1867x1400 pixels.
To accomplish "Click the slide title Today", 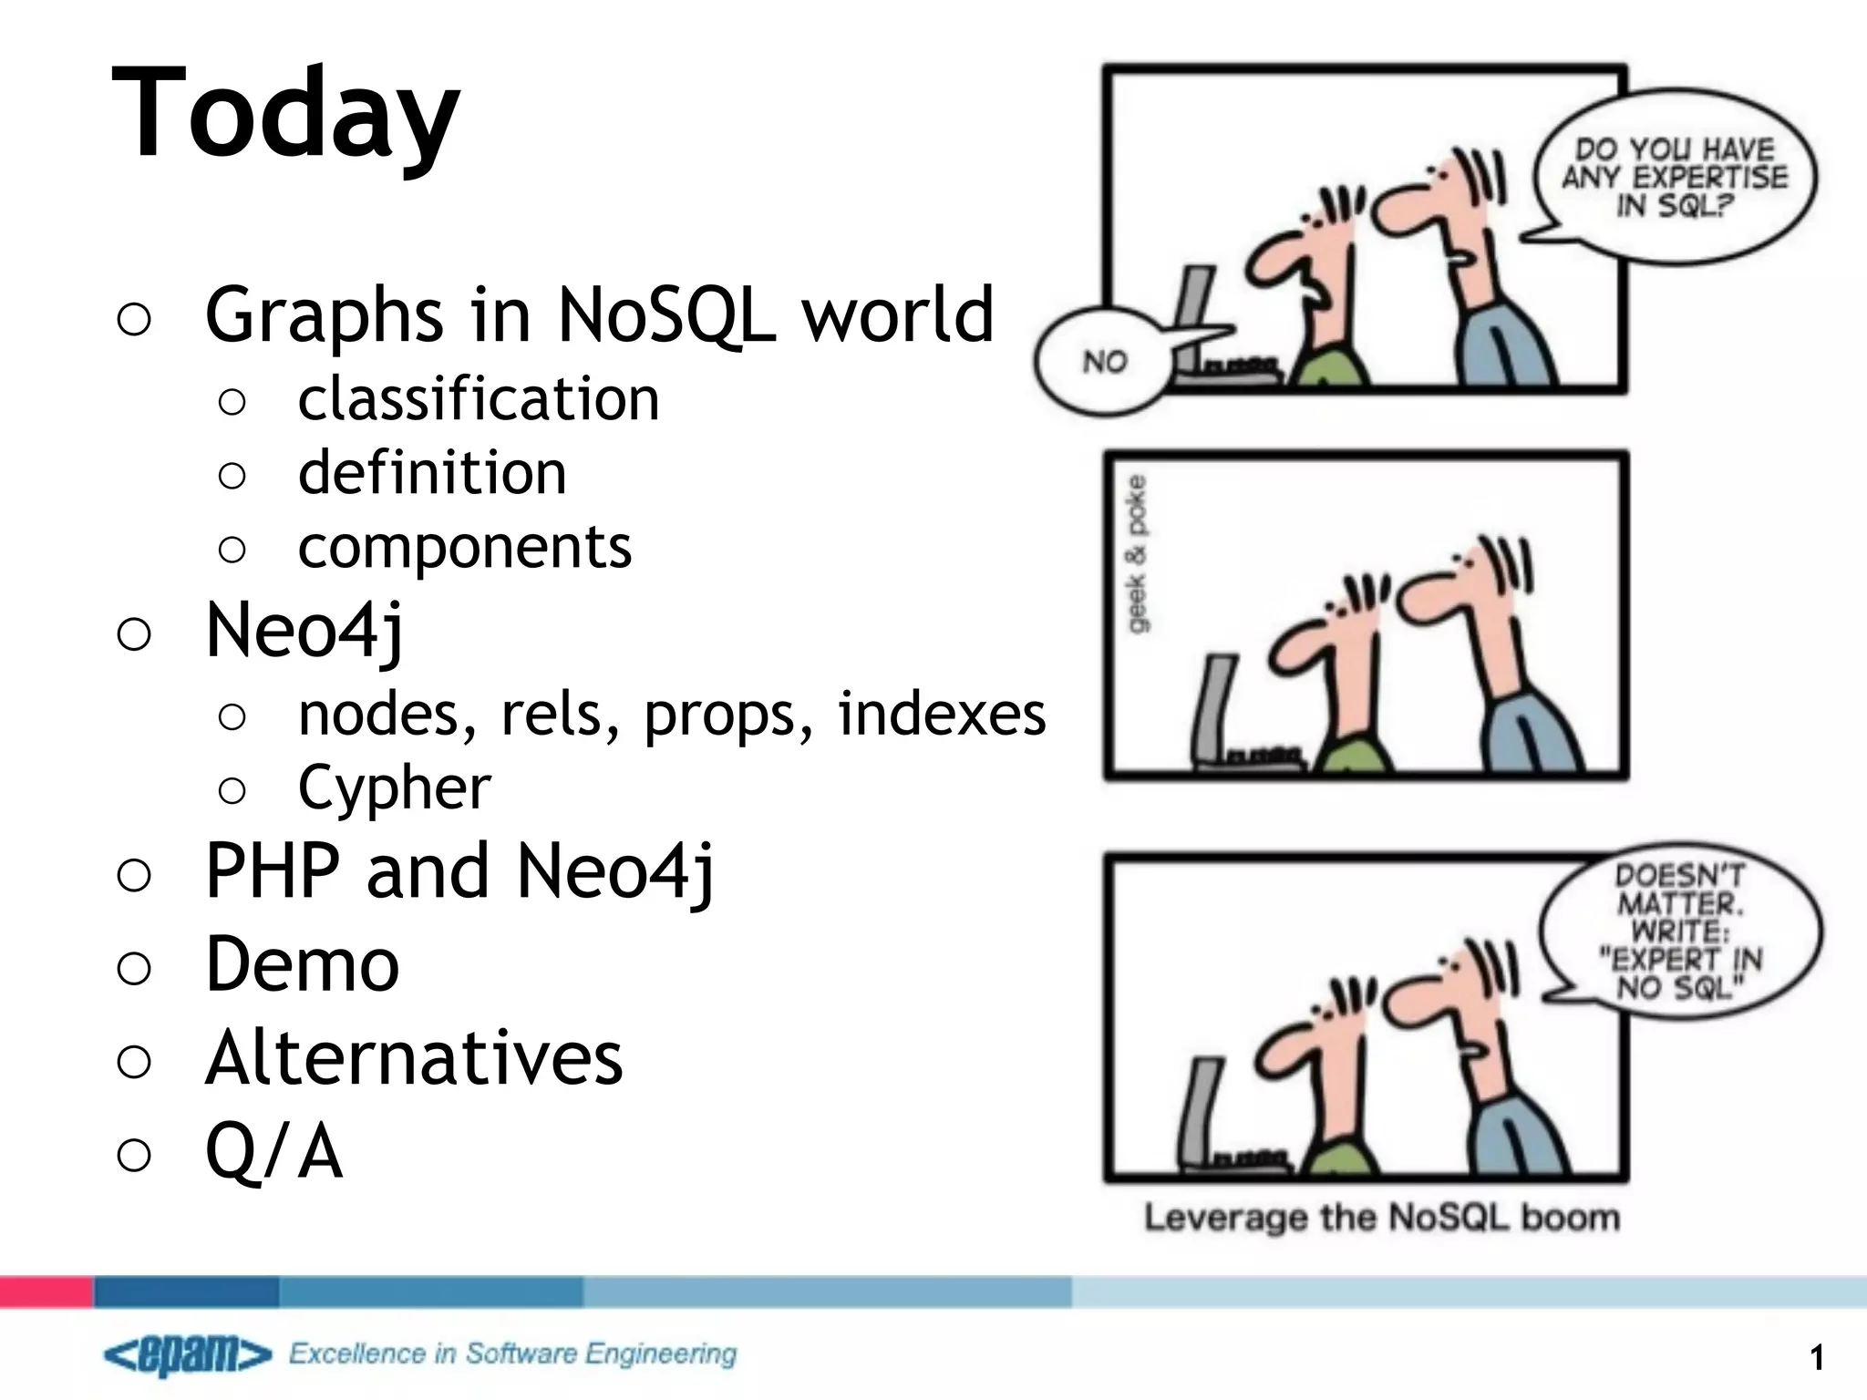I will pos(285,114).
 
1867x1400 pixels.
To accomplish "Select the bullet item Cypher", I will pos(395,787).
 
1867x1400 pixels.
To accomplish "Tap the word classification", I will pos(479,399).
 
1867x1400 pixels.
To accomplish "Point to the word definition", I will pos(432,473).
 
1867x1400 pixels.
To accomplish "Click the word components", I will pos(465,548).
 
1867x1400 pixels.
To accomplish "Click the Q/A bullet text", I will pos(274,1151).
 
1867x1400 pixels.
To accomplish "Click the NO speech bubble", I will pos(1104,363).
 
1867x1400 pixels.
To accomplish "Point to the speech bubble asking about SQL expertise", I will pos(1676,177).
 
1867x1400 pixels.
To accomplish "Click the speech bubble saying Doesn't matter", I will pos(1680,932).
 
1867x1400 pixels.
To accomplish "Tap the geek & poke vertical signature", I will pos(1138,553).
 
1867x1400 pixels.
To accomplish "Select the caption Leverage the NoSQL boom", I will pos(1382,1218).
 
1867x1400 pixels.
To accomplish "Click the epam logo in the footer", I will pos(188,1356).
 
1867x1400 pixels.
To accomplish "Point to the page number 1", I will pos(1817,1358).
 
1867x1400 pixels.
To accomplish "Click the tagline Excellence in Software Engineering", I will pos(512,1354).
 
